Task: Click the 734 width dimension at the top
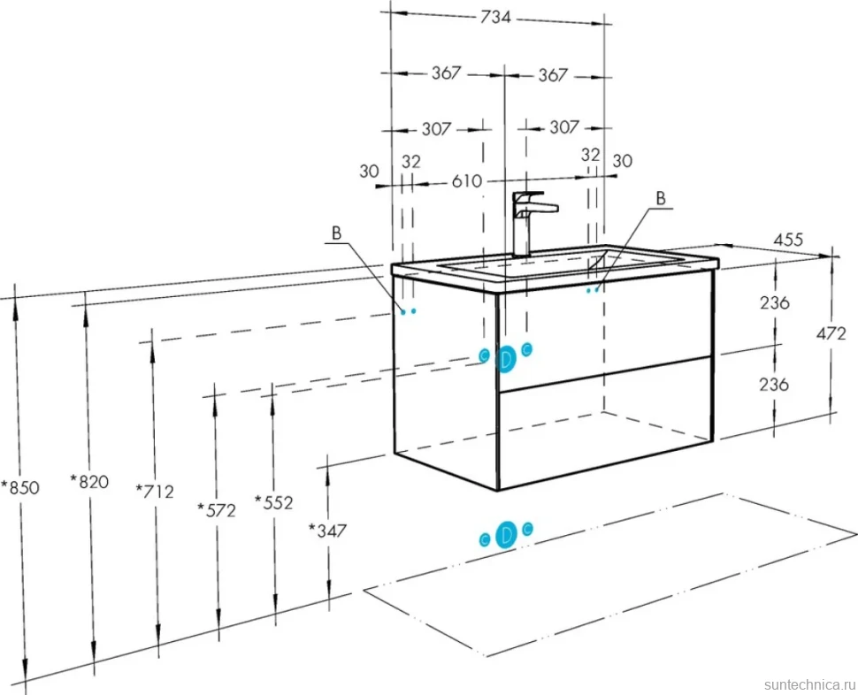[495, 18]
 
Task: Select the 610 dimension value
[467, 180]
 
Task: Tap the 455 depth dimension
[788, 240]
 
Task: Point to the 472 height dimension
[831, 333]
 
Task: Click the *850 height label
[20, 486]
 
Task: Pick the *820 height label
[89, 482]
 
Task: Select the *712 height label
[155, 491]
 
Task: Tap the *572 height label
[217, 509]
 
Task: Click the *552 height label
[274, 502]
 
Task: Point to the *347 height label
[328, 530]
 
